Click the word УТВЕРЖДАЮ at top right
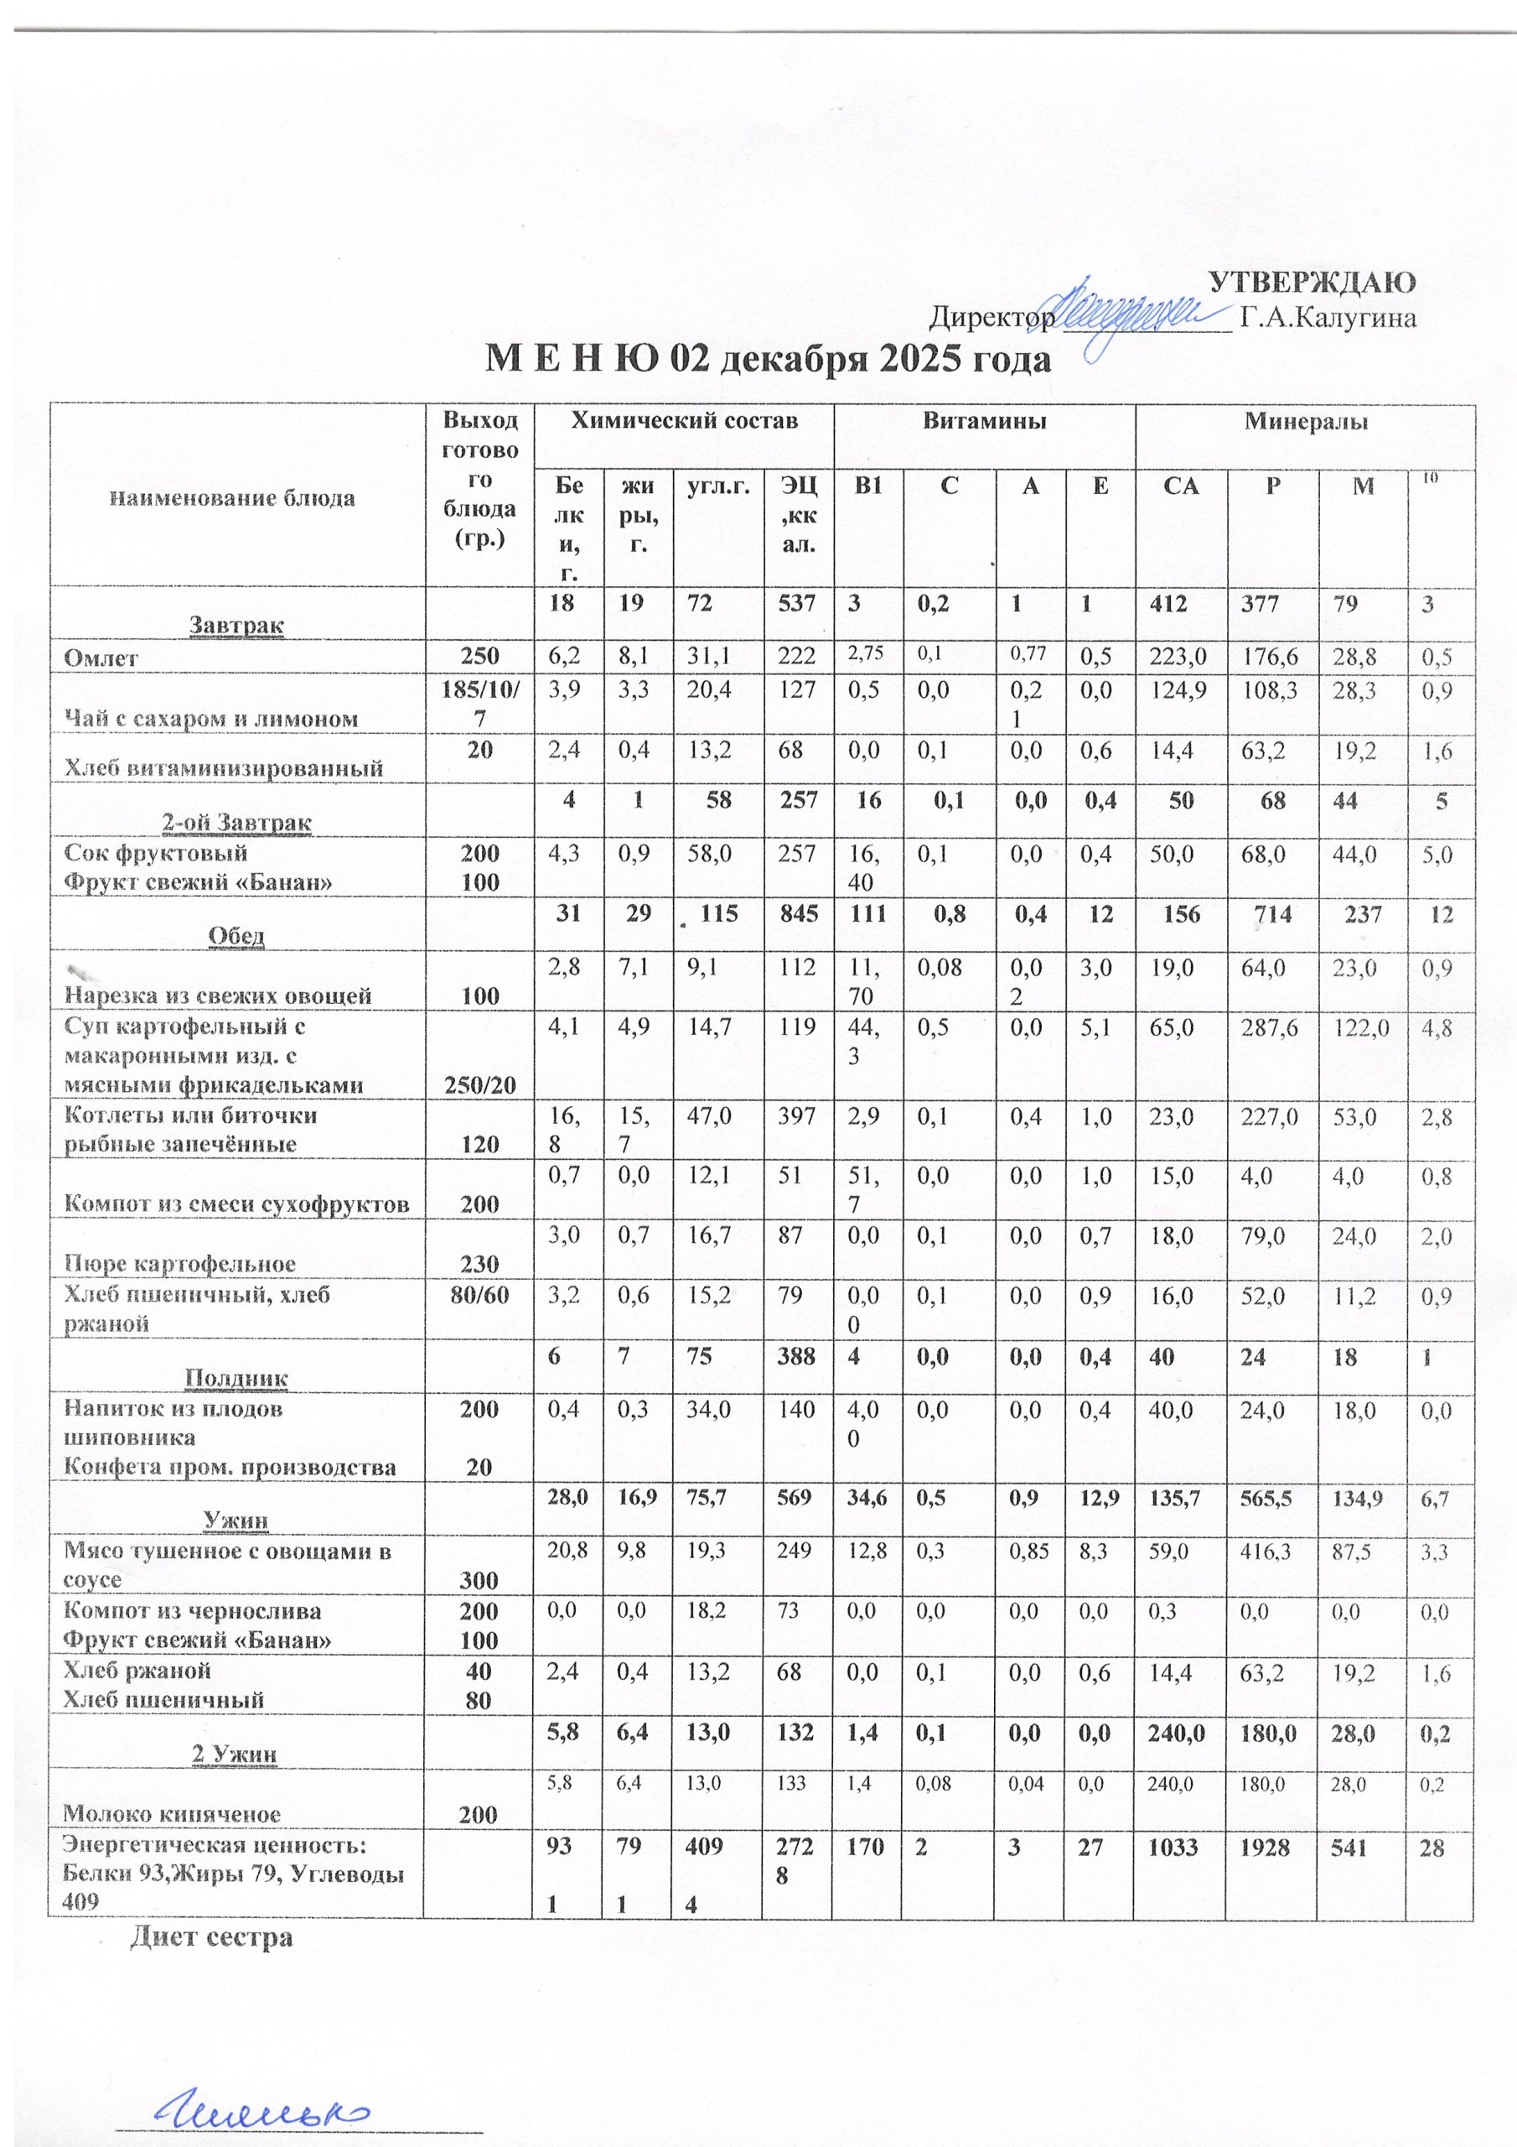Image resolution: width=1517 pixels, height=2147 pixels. pyautogui.click(x=1312, y=283)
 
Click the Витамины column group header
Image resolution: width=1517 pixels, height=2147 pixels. pyautogui.click(x=984, y=422)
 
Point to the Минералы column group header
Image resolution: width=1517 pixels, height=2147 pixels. pyautogui.click(x=1305, y=422)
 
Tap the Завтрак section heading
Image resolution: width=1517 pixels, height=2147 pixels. pyautogui.click(x=237, y=624)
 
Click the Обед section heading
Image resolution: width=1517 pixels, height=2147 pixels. pyautogui.click(x=237, y=936)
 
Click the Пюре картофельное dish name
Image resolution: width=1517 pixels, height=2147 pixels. pyautogui.click(x=179, y=1264)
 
